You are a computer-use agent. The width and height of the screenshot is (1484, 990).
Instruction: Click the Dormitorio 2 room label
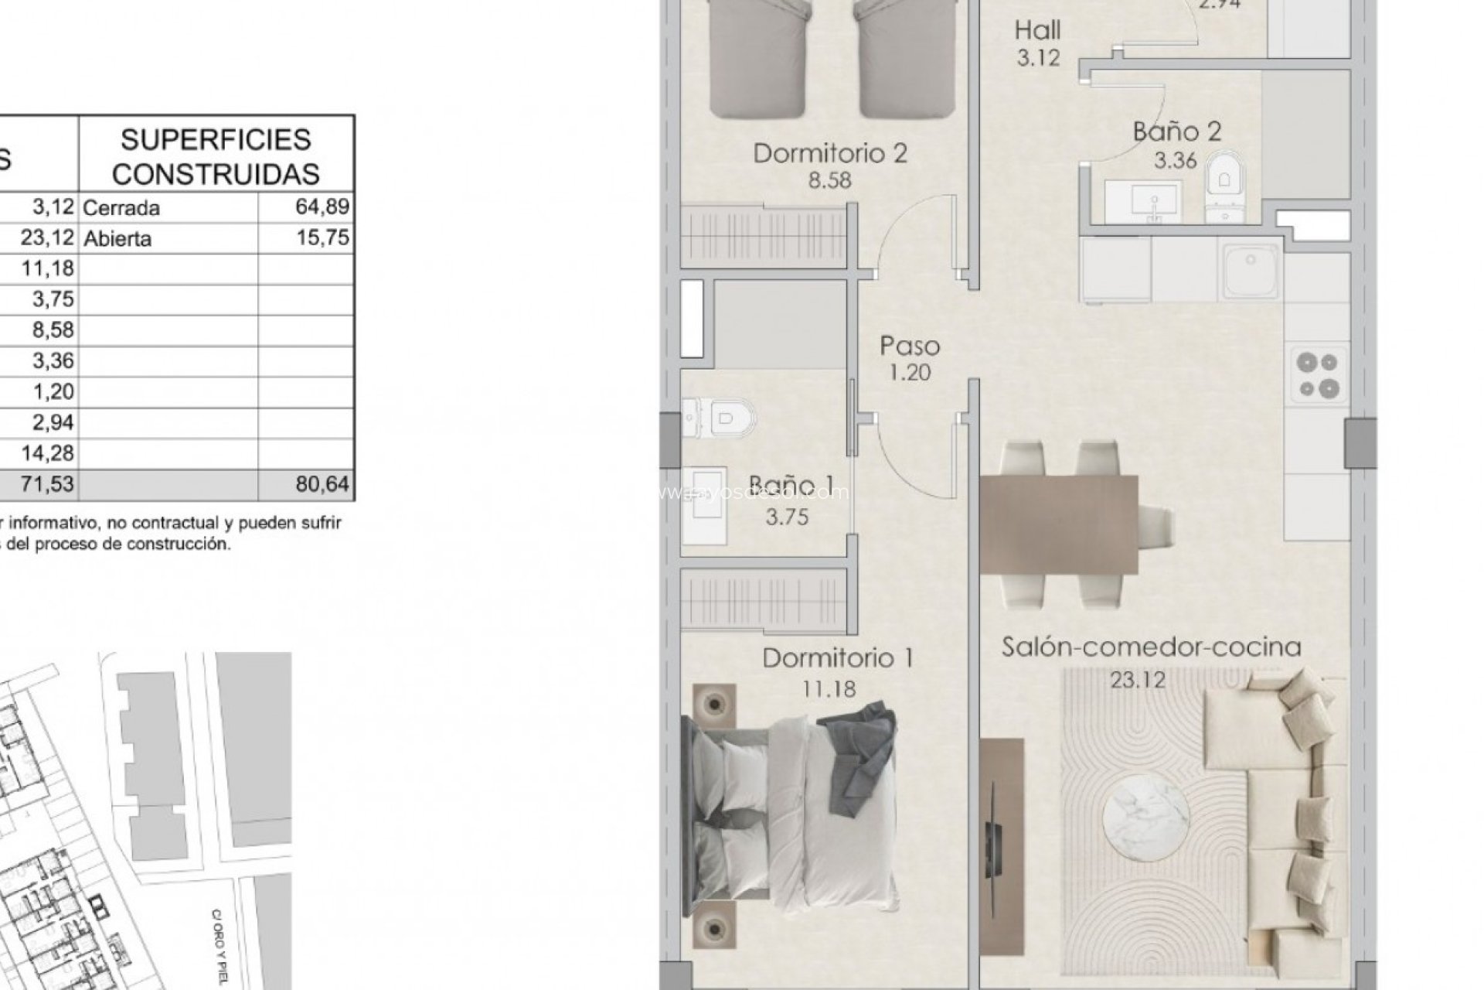829,153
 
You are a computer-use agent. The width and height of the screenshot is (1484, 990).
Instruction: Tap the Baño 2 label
1176,131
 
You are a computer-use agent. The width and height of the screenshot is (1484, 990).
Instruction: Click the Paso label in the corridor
910,346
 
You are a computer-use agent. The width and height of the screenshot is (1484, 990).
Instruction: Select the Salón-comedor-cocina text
1151,647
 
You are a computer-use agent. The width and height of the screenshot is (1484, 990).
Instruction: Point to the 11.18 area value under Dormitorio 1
829,688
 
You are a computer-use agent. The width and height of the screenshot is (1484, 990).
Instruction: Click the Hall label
1037,31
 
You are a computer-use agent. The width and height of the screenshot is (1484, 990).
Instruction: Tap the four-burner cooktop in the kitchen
1318,374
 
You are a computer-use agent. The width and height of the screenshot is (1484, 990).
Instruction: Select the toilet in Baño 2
1224,186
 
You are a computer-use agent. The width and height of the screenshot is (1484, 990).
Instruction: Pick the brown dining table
1059,524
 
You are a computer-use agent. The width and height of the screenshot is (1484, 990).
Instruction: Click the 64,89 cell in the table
322,207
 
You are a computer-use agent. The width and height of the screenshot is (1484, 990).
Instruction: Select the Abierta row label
117,238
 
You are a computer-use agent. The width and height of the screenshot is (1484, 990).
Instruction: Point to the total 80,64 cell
322,485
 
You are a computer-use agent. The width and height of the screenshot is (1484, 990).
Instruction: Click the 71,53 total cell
49,485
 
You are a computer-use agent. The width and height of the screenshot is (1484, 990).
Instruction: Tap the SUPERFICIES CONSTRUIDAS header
216,156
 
